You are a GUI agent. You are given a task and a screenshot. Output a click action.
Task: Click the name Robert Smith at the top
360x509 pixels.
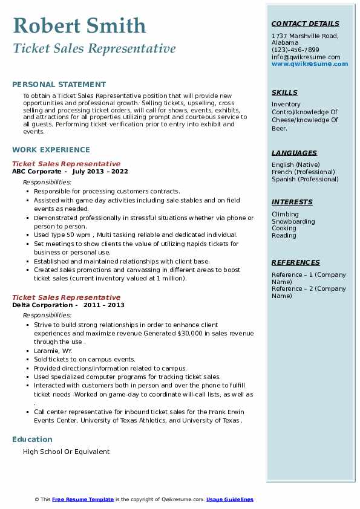pos(79,26)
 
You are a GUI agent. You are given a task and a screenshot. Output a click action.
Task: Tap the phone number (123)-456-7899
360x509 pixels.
pos(295,50)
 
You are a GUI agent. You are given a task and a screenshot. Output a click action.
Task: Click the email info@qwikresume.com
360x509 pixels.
pos(306,57)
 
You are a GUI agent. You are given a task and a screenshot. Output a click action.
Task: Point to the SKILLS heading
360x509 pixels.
pos(284,92)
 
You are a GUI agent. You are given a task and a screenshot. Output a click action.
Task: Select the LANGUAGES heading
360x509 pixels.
pos(294,153)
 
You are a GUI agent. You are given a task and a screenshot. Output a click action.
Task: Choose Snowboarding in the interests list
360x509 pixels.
pos(293,221)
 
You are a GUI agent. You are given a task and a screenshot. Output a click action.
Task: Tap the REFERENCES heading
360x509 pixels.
pos(296,262)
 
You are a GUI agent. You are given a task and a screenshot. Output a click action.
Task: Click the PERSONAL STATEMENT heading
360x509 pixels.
pos(59,85)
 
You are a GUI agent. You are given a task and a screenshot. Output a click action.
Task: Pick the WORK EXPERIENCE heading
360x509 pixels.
pos(51,149)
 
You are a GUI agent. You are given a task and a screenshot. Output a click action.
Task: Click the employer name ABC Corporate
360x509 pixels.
pos(36,172)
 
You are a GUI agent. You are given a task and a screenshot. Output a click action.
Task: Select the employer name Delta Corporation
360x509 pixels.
pos(41,305)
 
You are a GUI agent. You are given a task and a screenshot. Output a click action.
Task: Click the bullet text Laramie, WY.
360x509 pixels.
pos(53,351)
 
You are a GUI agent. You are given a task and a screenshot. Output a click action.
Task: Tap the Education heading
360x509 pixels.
pos(32,439)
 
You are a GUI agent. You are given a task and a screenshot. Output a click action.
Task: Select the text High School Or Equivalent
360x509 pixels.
pos(67,452)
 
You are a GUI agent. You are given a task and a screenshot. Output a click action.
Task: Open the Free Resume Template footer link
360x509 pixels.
pos(83,499)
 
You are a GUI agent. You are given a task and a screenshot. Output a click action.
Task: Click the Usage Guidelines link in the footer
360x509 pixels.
pos(230,499)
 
